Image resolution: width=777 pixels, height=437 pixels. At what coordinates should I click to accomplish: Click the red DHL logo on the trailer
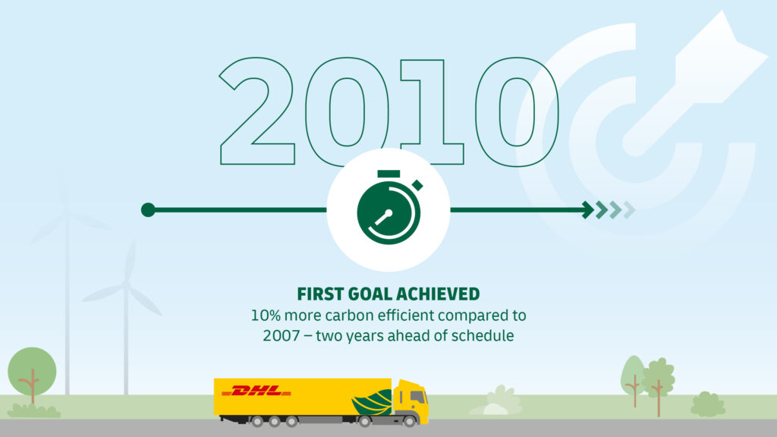point(256,391)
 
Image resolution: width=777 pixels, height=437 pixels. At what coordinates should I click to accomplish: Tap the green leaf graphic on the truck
point(372,402)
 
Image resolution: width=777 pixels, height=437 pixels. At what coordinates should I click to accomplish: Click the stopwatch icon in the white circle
point(389,207)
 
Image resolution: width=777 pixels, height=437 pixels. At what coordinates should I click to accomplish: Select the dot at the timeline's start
point(148,210)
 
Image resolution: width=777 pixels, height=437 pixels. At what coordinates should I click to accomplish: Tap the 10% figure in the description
point(266,315)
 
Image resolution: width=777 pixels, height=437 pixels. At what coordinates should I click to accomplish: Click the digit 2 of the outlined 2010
point(258,112)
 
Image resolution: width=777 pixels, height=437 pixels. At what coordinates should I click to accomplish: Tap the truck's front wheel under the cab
point(409,422)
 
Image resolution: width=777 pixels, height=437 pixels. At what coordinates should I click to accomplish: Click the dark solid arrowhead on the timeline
point(588,210)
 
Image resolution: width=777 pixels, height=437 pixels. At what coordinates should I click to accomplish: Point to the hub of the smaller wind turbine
point(125,284)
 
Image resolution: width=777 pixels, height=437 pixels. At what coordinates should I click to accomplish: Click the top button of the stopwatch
point(388,174)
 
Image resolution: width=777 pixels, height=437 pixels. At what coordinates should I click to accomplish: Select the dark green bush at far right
point(708,404)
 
